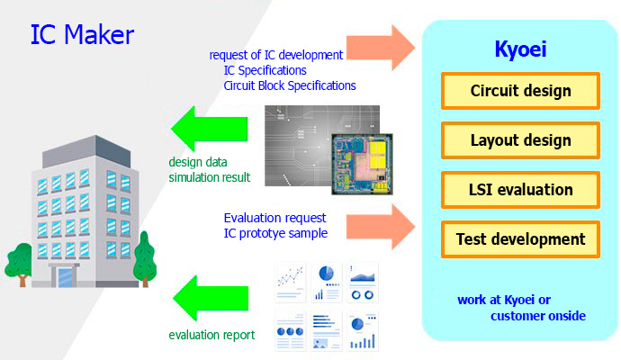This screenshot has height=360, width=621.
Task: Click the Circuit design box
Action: click(x=520, y=91)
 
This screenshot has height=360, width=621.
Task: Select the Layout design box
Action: click(x=520, y=140)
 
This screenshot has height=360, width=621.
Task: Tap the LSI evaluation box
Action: click(x=520, y=190)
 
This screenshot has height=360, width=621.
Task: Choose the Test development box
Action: click(x=520, y=239)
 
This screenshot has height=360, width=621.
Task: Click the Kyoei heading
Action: click(x=520, y=49)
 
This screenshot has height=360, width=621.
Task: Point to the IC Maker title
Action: click(x=83, y=34)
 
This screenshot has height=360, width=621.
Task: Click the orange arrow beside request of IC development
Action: click(x=380, y=48)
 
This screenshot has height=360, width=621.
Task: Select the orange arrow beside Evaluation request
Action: click(x=380, y=227)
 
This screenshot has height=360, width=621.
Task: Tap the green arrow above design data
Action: click(x=210, y=129)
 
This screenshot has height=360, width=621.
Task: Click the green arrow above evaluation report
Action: click(x=211, y=298)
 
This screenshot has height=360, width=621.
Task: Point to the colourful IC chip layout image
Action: click(x=362, y=164)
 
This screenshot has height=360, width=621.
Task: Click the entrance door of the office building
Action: click(x=65, y=277)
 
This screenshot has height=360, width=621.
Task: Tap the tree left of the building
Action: click(x=19, y=265)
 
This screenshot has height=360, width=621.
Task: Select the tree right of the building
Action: click(x=145, y=259)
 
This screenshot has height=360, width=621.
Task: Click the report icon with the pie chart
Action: click(x=326, y=283)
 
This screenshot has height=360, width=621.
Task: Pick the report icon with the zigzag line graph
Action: click(x=291, y=283)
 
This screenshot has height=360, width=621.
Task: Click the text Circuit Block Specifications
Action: click(x=290, y=85)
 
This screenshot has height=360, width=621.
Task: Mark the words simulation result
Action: click(x=210, y=177)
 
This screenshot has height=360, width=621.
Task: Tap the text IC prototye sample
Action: click(x=275, y=233)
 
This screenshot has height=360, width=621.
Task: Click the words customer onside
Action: click(x=538, y=316)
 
